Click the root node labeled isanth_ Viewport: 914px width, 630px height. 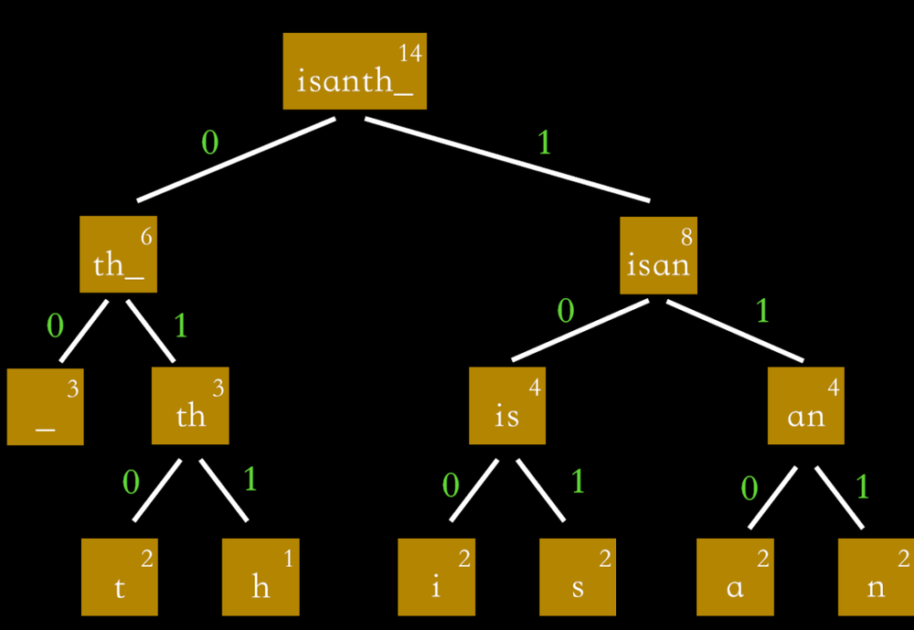(354, 71)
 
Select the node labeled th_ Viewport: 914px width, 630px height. (118, 254)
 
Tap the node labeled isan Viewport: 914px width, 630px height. (658, 255)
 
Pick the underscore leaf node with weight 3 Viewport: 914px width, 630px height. (45, 406)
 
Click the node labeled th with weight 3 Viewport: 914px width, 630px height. (190, 406)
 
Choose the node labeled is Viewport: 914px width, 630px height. (507, 406)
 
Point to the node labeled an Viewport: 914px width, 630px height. (805, 406)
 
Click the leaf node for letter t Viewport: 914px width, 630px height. (119, 577)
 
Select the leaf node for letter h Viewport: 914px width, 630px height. (260, 577)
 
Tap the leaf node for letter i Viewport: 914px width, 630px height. (436, 577)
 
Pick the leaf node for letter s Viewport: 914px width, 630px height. (578, 577)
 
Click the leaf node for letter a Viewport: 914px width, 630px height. (735, 577)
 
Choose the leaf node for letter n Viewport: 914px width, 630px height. (876, 577)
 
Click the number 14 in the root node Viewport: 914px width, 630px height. (410, 53)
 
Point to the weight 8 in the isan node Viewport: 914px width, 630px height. (686, 237)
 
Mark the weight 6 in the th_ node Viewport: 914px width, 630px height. (146, 237)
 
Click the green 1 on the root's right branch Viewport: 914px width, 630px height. (545, 143)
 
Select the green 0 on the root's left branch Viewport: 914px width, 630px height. (209, 143)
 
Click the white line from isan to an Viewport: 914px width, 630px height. (735, 331)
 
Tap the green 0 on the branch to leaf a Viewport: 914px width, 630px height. (749, 489)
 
